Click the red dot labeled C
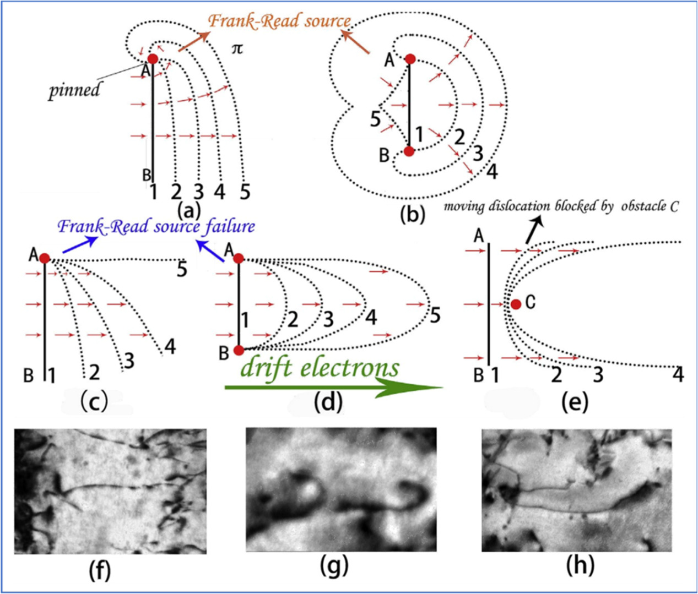pyautogui.click(x=516, y=304)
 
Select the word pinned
pyautogui.click(x=74, y=90)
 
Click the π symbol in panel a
pyautogui.click(x=237, y=49)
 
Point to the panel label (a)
pyautogui.click(x=188, y=210)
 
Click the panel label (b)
pyautogui.click(x=413, y=215)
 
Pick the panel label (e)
pyautogui.click(x=573, y=402)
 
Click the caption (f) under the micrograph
pyautogui.click(x=99, y=569)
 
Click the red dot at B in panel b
pyautogui.click(x=409, y=151)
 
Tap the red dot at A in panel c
pyautogui.click(x=45, y=258)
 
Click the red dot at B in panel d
pyautogui.click(x=239, y=350)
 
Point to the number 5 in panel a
pyautogui.click(x=245, y=192)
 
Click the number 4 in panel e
pyautogui.click(x=678, y=374)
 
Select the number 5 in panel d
pyautogui.click(x=435, y=315)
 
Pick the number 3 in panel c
pyautogui.click(x=129, y=361)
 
